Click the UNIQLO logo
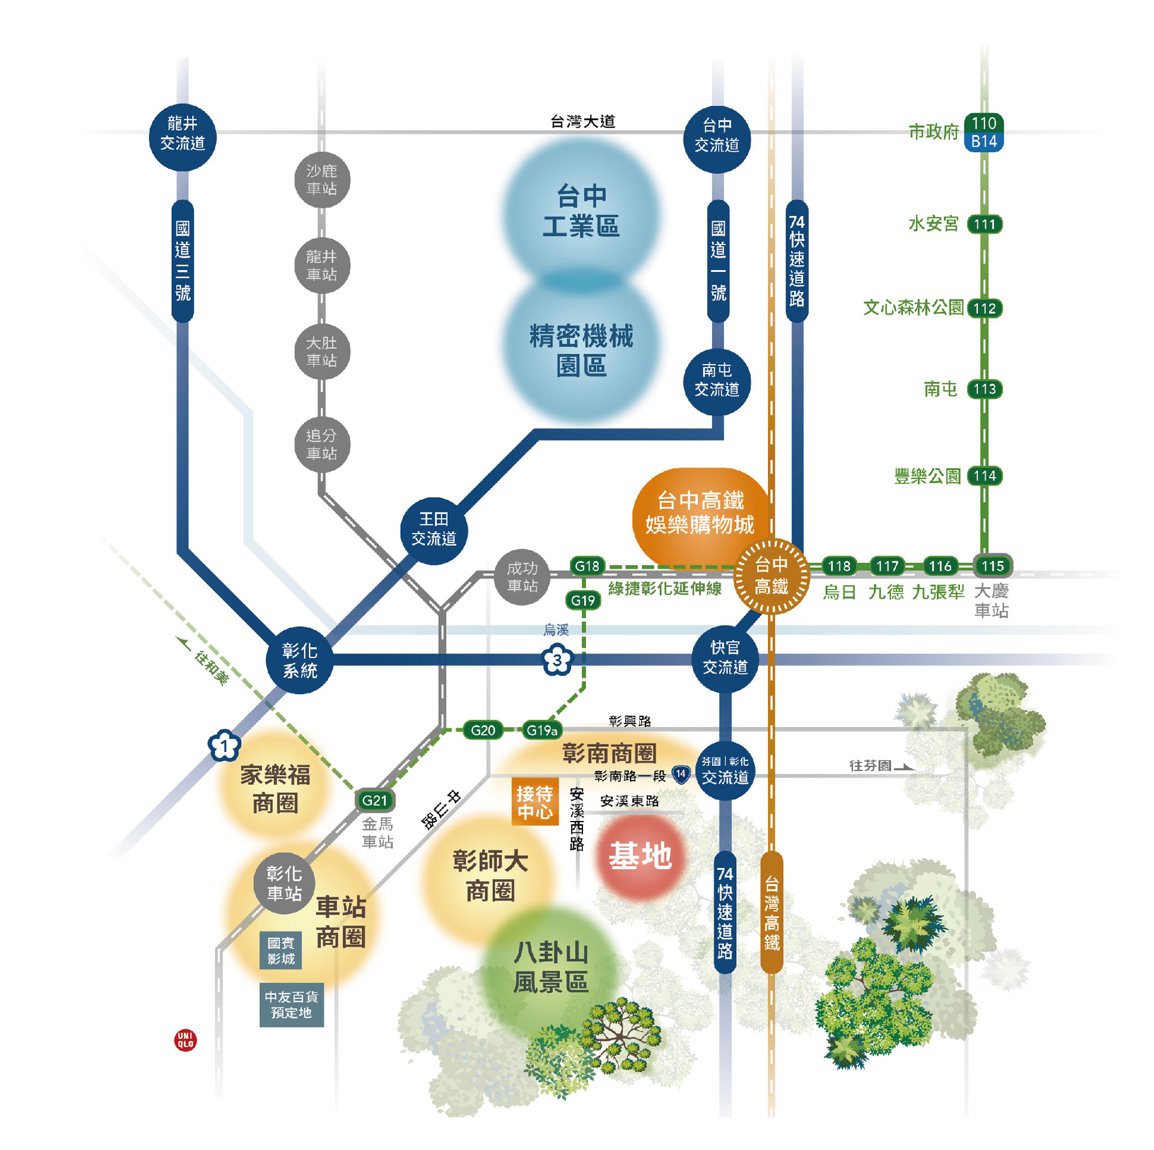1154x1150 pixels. click(x=185, y=1039)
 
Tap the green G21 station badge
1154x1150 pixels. click(x=374, y=800)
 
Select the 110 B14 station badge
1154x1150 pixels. click(x=984, y=132)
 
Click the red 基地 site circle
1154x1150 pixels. click(x=640, y=855)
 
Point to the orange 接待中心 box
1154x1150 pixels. click(x=534, y=803)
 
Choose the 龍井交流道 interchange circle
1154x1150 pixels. click(x=183, y=138)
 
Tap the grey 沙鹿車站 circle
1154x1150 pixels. click(x=322, y=180)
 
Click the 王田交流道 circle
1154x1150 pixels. click(x=434, y=530)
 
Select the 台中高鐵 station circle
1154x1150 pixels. click(x=772, y=575)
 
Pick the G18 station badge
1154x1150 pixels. click(x=587, y=566)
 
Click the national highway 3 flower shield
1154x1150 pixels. click(x=557, y=660)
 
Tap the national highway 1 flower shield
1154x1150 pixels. click(x=224, y=746)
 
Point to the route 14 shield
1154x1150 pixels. click(x=680, y=774)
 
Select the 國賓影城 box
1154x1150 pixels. click(x=281, y=950)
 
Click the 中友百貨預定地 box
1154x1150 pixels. click(x=292, y=1004)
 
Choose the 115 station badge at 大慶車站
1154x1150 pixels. click(x=992, y=566)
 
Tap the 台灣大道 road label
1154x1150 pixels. click(x=582, y=121)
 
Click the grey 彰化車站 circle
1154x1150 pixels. click(x=284, y=883)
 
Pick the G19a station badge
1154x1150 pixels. click(x=542, y=730)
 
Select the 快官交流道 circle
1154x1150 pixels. click(x=725, y=657)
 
